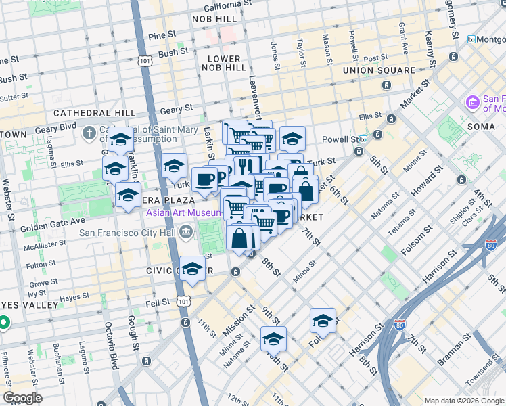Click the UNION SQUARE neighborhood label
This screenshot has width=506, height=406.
(x=379, y=70)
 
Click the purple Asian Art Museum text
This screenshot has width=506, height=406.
(x=182, y=213)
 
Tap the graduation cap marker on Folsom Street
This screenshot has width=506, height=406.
(x=323, y=320)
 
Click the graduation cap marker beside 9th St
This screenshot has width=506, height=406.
(x=273, y=338)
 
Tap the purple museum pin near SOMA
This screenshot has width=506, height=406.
(x=471, y=103)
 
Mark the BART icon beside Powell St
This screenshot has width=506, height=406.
(x=363, y=139)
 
